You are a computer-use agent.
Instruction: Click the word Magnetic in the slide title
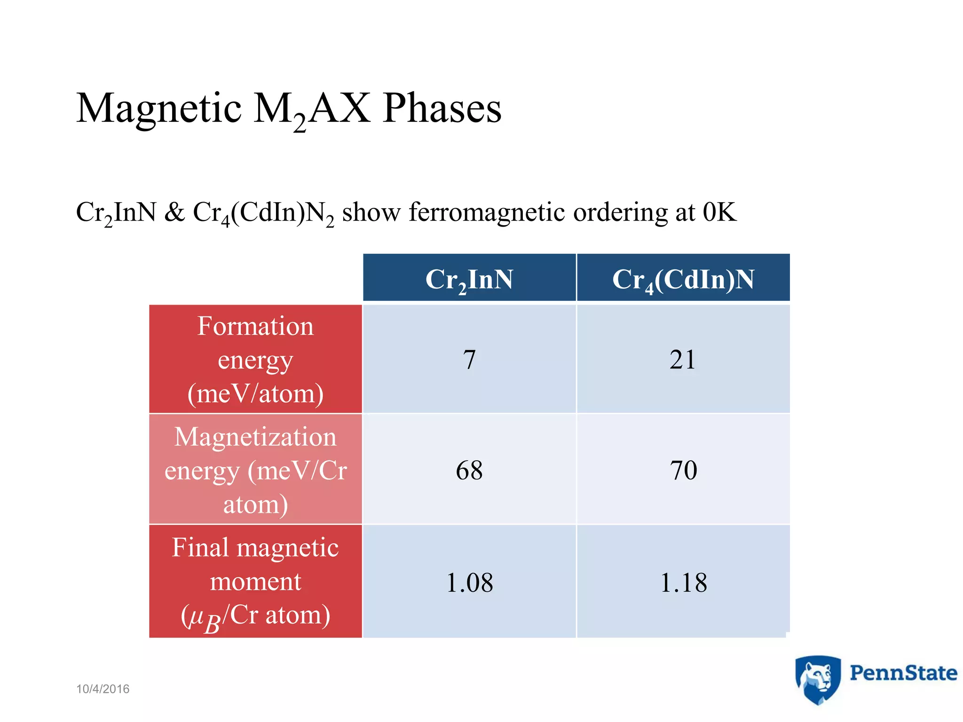click(x=159, y=109)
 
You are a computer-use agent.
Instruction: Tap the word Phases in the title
click(x=442, y=109)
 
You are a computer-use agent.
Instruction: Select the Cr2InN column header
click(x=469, y=279)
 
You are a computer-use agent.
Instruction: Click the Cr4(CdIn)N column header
click(x=683, y=279)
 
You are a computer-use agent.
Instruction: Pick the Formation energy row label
click(x=255, y=360)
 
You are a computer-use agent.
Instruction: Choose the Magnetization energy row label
click(x=255, y=470)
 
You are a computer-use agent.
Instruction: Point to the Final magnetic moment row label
click(x=255, y=582)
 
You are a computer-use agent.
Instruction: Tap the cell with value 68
click(x=469, y=471)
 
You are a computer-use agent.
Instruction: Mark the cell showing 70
click(x=683, y=471)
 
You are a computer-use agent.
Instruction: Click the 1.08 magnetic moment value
click(x=469, y=583)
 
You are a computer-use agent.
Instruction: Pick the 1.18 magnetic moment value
click(x=683, y=583)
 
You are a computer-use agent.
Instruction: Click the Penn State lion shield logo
click(x=818, y=680)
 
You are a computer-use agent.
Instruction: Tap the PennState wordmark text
click(x=903, y=673)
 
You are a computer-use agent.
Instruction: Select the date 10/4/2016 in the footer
click(x=103, y=689)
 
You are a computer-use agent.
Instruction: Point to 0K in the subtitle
click(x=719, y=212)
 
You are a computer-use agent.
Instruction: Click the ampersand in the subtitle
click(x=174, y=212)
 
